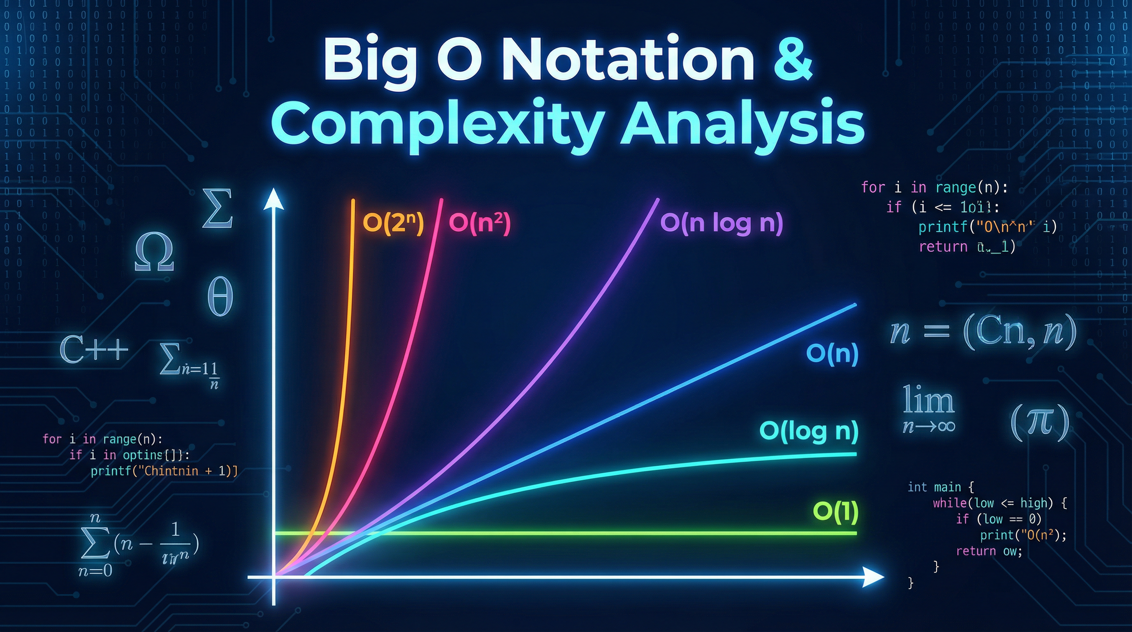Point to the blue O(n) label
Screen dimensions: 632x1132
(832, 353)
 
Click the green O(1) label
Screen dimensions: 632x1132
(835, 511)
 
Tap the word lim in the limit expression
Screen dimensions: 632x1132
(928, 400)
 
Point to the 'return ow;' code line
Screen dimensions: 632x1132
(989, 551)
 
